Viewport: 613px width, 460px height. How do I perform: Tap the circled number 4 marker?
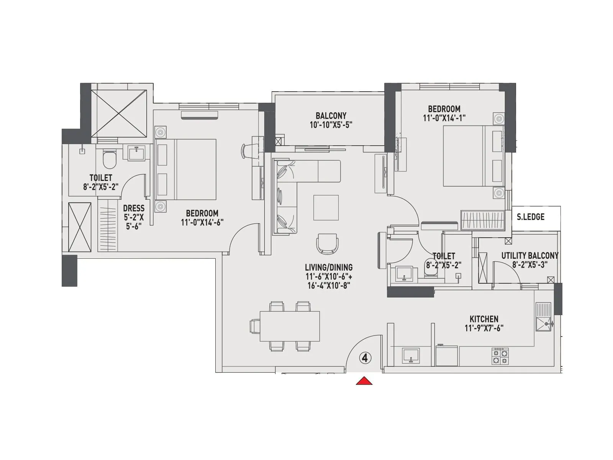(x=365, y=358)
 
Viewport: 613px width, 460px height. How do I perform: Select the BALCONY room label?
(x=331, y=115)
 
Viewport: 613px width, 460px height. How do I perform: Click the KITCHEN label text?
(x=484, y=319)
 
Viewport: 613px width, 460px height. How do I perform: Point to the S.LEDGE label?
(x=531, y=217)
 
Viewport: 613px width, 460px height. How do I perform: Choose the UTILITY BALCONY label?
(x=530, y=256)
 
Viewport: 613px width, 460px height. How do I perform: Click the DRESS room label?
(x=134, y=208)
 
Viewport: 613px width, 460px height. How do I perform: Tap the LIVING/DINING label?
(x=328, y=268)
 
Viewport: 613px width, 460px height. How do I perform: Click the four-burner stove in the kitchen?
(x=500, y=356)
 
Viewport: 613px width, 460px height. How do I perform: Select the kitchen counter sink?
(x=411, y=355)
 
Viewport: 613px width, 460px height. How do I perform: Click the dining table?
(x=290, y=326)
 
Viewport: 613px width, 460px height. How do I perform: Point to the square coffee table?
(x=326, y=207)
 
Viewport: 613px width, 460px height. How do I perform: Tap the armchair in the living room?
(x=327, y=244)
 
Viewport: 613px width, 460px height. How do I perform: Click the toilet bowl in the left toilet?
(x=110, y=160)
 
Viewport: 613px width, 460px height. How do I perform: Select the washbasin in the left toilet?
(x=136, y=154)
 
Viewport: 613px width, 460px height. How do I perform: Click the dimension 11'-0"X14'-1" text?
(x=444, y=118)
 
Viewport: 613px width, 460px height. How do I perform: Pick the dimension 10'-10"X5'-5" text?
(x=331, y=125)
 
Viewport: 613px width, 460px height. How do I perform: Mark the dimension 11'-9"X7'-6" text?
(x=484, y=328)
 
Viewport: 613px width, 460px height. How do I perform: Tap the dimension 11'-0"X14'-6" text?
(x=202, y=222)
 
